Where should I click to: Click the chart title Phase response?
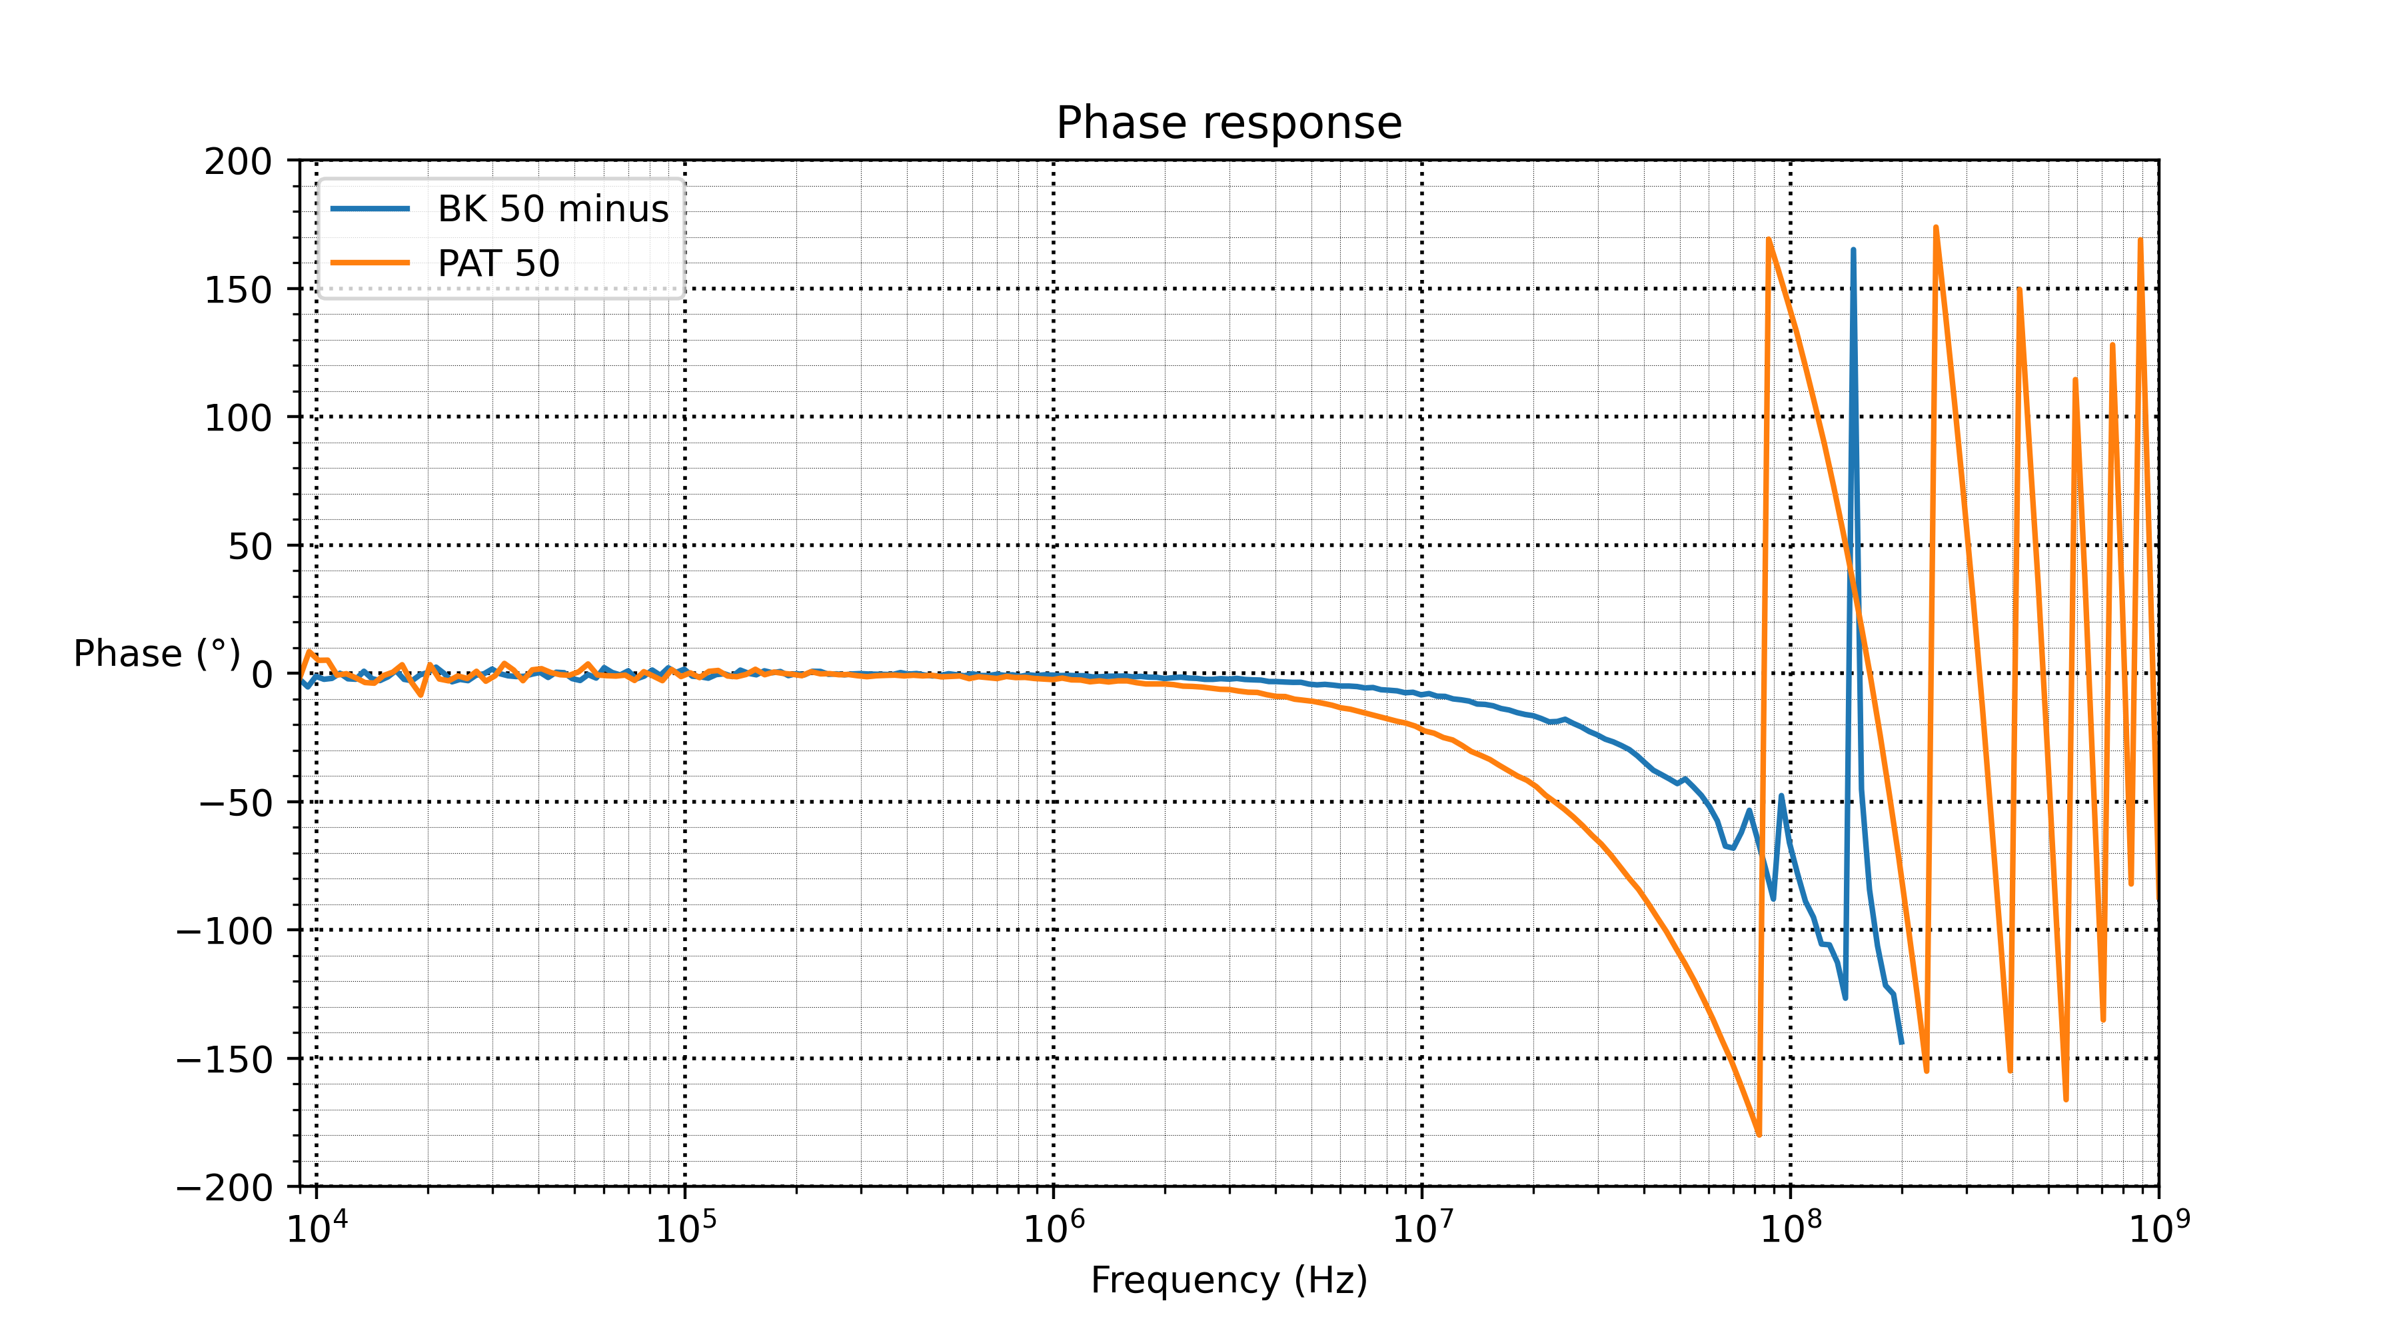coord(1228,123)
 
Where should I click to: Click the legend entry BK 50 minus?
coord(552,209)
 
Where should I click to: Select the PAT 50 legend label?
coord(498,264)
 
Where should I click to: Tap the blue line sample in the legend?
coord(371,209)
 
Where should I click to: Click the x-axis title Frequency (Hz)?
coord(1228,1280)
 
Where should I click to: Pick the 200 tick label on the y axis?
coord(239,162)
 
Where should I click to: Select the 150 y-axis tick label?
coord(239,291)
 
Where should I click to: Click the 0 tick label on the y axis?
coord(262,674)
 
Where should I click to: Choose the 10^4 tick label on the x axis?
coord(317,1228)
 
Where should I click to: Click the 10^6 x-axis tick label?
coord(1054,1228)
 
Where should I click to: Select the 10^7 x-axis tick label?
coord(1422,1228)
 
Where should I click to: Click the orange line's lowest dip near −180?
coord(1759,1134)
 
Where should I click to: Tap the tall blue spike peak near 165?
coord(1853,250)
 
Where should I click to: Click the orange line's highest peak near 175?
coord(1935,227)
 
